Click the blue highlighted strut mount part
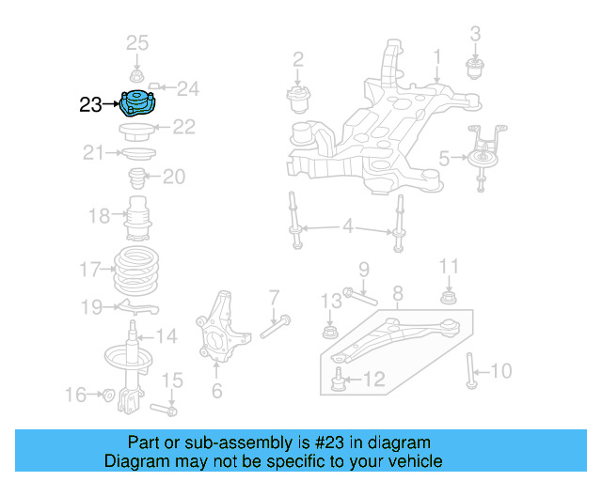click(140, 102)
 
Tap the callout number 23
click(90, 105)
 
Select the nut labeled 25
click(137, 75)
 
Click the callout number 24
click(188, 89)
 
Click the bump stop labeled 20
click(138, 178)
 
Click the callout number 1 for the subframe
click(436, 61)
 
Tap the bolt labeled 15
click(165, 410)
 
